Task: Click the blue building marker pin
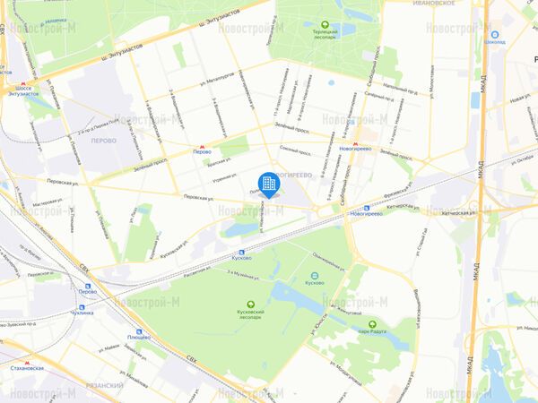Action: pos(268,184)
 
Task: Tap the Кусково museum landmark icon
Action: pos(315,275)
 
